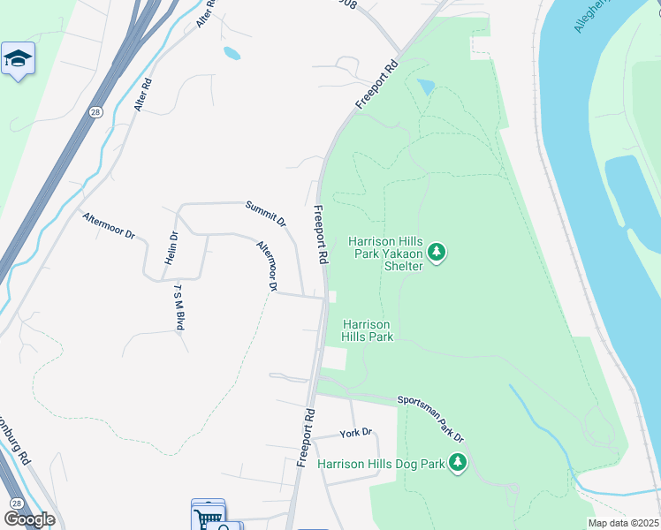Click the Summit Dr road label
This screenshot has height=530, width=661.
point(265,213)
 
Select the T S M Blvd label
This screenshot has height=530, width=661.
point(179,307)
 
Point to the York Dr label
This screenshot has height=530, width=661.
point(356,434)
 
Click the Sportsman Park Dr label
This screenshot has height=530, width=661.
point(430,418)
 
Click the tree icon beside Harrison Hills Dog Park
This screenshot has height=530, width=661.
point(457,462)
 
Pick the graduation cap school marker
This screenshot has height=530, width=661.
point(18,60)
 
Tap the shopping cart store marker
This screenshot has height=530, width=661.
point(208,516)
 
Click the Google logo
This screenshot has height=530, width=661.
point(28,519)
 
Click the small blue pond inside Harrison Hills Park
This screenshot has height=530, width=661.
point(426,87)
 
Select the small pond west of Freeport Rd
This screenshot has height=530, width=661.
point(232,53)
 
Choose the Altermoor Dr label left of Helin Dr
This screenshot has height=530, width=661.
point(108,224)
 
